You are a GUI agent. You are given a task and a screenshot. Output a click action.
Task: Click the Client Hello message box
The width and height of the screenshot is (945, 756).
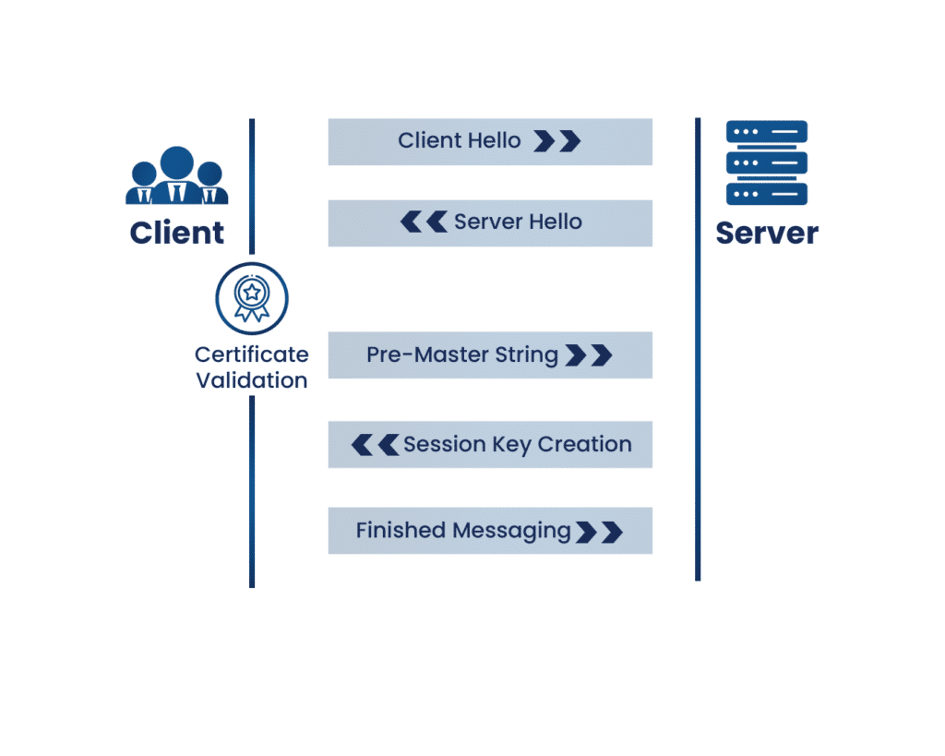point(490,141)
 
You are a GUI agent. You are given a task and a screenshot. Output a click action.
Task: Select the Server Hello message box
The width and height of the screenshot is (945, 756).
point(490,223)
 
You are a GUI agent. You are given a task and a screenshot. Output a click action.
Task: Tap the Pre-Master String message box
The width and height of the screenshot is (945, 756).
point(490,355)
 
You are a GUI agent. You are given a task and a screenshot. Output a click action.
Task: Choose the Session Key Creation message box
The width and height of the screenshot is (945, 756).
point(490,444)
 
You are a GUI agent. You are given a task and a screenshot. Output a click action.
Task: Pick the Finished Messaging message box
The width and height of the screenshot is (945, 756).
point(490,531)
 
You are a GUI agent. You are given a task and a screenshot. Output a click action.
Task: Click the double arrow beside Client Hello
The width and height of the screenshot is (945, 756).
point(557,141)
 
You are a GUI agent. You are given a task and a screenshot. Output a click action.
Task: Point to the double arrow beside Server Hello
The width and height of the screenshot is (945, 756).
point(424,222)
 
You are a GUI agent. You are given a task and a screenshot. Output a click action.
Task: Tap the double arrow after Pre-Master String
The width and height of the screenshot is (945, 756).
point(589,355)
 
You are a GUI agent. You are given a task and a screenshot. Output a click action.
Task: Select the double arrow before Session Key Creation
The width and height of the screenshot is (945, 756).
point(375,445)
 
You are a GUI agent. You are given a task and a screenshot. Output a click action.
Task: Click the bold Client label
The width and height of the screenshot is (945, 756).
point(176,233)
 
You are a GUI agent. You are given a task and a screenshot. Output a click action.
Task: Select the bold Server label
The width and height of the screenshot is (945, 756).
point(767,234)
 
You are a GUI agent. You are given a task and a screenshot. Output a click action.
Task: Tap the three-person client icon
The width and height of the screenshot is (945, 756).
point(176,175)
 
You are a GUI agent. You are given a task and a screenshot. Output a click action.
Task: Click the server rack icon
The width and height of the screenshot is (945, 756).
point(767,162)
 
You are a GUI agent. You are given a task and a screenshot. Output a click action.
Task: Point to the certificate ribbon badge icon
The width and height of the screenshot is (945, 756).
point(252,298)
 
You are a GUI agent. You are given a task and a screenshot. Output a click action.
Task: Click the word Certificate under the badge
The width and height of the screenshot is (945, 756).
point(251,354)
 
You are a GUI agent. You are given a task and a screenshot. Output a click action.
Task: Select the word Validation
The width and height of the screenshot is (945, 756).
point(251,380)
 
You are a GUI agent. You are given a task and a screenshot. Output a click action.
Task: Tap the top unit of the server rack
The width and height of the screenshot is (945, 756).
point(767,131)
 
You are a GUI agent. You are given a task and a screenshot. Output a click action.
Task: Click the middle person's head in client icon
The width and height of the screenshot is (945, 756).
point(176,162)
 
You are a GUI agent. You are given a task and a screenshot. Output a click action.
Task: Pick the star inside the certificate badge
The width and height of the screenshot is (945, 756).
point(252,293)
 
